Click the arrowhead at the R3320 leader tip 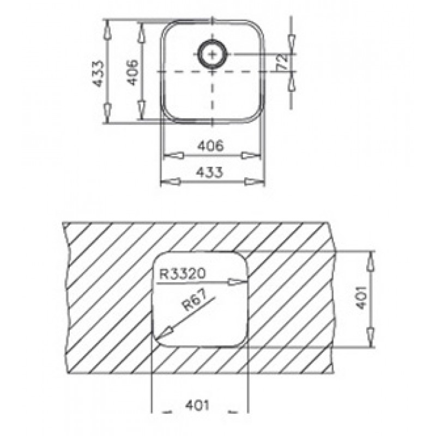237,282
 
